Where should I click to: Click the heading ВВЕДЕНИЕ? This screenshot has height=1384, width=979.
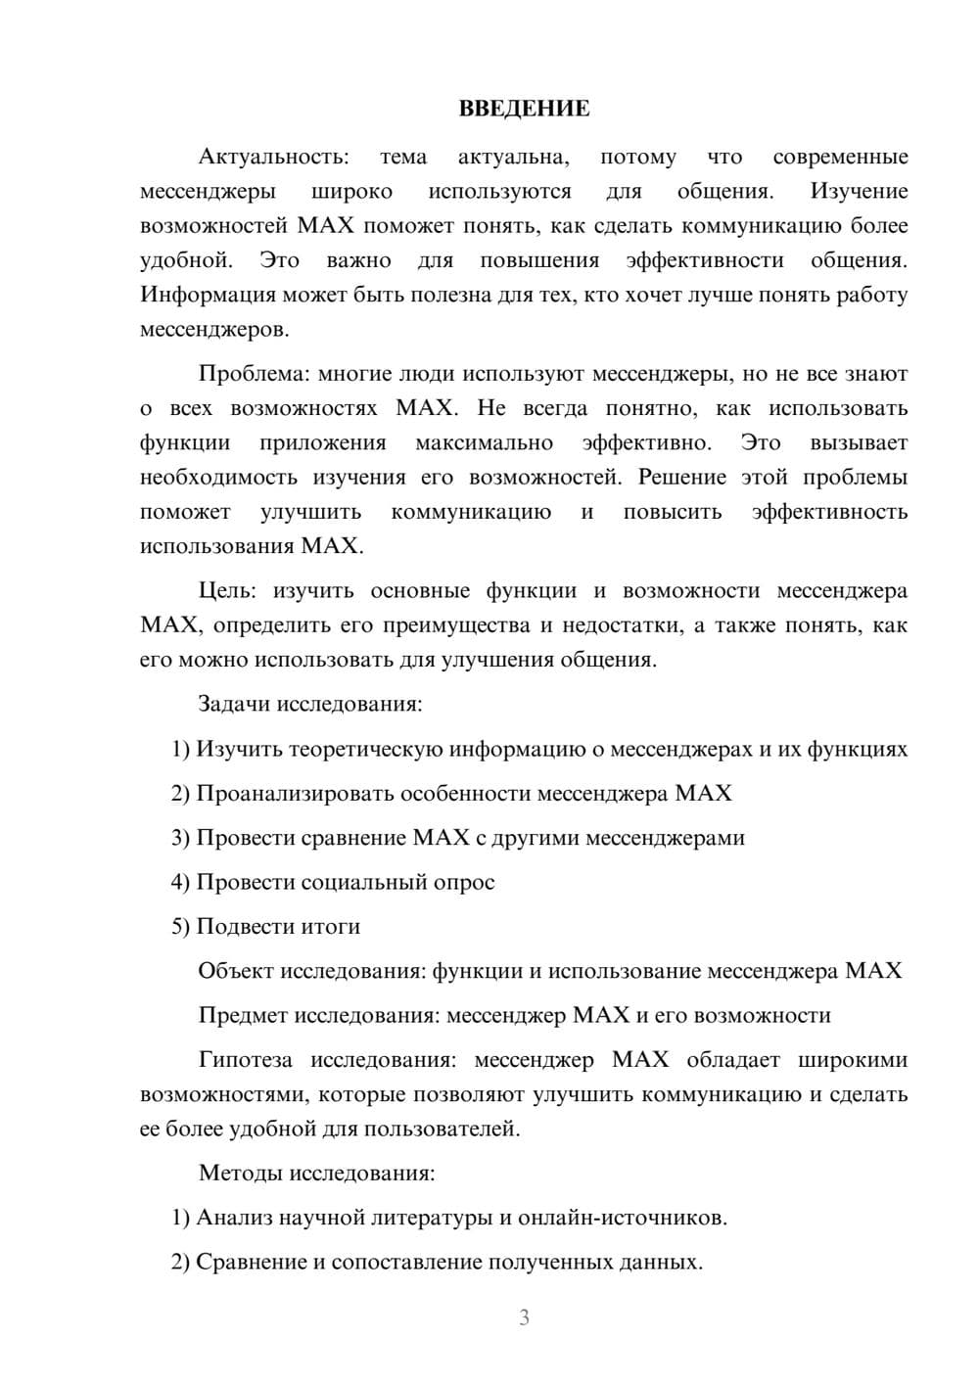[524, 109]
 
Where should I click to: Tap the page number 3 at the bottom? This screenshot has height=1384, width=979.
[524, 1317]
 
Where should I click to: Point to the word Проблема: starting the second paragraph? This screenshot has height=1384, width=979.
[255, 373]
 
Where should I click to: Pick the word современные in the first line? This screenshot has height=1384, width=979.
[840, 157]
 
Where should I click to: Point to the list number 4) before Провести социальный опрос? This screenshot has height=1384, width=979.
[180, 882]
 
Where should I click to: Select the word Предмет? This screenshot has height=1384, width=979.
[241, 1015]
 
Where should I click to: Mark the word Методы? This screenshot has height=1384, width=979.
[238, 1173]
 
